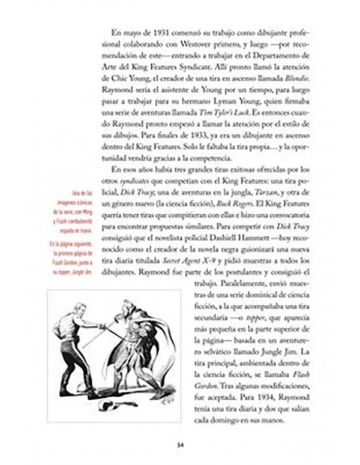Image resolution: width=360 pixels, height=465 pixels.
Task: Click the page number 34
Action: [179, 445]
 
